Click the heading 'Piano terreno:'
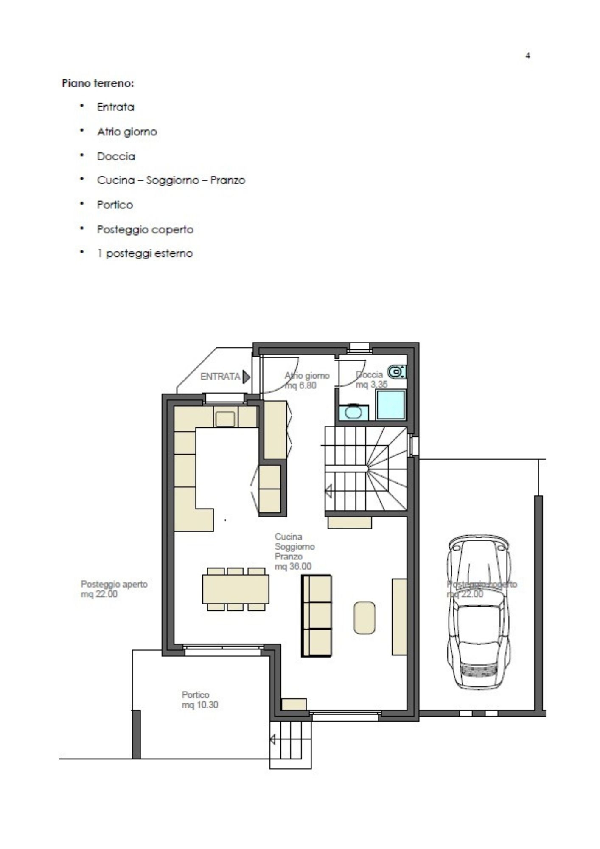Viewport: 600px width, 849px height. coord(98,83)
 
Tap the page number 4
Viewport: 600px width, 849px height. coord(528,55)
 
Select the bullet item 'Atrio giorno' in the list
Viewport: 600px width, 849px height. coord(127,132)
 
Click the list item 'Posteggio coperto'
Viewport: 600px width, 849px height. coord(145,230)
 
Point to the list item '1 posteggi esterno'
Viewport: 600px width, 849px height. coord(145,254)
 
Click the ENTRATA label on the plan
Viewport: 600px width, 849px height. coord(220,377)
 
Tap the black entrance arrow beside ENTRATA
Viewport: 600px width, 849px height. coord(246,377)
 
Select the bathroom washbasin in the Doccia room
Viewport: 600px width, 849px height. coord(353,412)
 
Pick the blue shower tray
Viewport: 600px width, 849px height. coord(391,405)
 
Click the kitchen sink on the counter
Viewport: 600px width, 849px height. coord(225,419)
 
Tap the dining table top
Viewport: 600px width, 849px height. coord(236,589)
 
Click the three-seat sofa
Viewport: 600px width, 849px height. coord(317,616)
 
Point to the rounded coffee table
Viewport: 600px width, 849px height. coord(364,618)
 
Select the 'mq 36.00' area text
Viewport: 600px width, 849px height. coord(293,566)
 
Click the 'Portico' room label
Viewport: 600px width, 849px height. coord(196,695)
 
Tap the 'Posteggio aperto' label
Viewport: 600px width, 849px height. coord(114,584)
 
